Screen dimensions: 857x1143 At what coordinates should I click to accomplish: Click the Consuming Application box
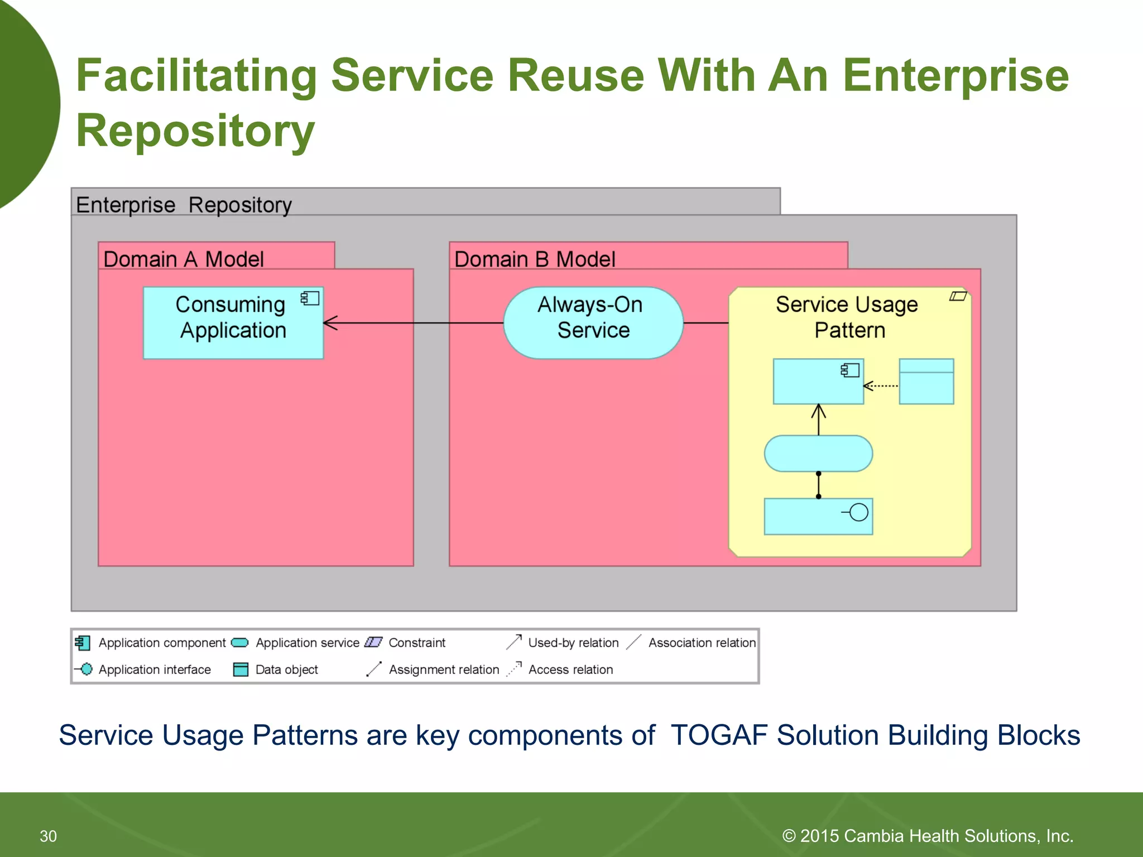(233, 323)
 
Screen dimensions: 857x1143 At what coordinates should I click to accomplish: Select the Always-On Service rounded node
(593, 322)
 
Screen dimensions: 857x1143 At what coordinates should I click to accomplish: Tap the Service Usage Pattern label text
(847, 317)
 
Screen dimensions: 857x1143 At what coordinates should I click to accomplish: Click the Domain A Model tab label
(184, 259)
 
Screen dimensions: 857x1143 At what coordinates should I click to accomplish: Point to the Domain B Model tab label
(534, 259)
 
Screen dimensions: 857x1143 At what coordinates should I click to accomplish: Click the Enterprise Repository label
(184, 205)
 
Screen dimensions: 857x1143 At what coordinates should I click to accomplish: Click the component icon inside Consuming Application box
(310, 298)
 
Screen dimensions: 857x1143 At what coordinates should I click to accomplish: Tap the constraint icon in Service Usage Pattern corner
(958, 296)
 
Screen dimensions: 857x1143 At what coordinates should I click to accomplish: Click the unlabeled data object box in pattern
(926, 382)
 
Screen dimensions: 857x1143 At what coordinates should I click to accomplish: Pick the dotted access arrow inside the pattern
(881, 386)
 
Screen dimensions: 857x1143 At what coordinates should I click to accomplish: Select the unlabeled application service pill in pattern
(818, 454)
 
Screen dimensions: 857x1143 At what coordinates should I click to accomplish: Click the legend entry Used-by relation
(573, 643)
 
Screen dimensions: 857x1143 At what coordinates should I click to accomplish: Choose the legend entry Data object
(286, 670)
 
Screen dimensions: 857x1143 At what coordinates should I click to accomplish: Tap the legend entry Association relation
(701, 643)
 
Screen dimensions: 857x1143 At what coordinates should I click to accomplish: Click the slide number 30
(48, 836)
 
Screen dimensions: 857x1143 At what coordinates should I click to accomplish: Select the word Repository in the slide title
(195, 131)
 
